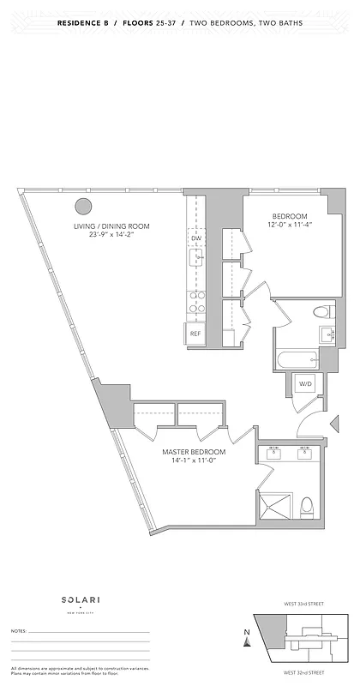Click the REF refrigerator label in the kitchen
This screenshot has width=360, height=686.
195,334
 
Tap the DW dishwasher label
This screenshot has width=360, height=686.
195,238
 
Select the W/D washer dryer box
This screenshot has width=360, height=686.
306,383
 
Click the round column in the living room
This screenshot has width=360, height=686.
83,206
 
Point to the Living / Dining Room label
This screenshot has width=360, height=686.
111,226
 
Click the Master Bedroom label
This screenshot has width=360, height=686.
194,452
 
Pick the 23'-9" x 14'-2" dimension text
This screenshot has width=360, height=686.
111,236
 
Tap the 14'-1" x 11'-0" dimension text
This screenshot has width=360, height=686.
194,461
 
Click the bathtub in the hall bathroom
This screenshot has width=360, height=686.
297,359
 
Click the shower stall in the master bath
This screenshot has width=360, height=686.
277,507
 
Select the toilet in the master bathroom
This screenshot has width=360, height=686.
309,508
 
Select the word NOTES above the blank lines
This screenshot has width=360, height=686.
19,631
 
